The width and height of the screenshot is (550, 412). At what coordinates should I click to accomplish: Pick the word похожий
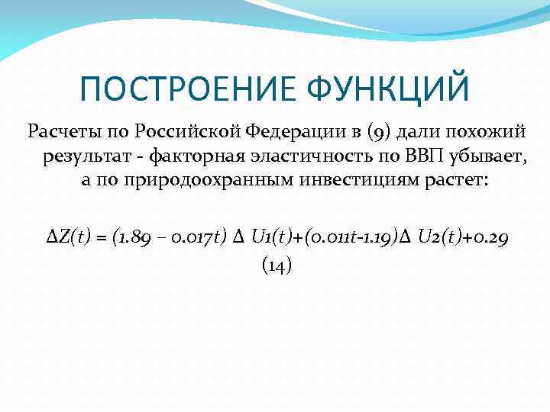pyautogui.click(x=488, y=131)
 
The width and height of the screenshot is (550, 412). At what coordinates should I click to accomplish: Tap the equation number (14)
pyautogui.click(x=277, y=265)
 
